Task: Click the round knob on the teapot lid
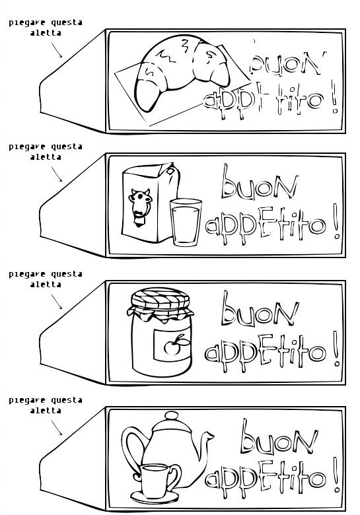pyautogui.click(x=170, y=416)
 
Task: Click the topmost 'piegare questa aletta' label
pyautogui.click(x=46, y=27)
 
